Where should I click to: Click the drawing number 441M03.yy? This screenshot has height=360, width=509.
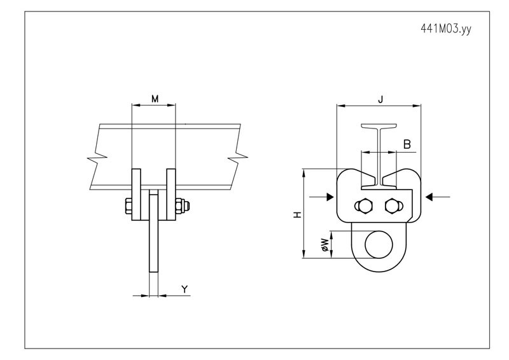pyautogui.click(x=445, y=29)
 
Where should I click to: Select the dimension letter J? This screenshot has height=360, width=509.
pyautogui.click(x=380, y=99)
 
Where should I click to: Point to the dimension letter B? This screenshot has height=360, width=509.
pyautogui.click(x=407, y=145)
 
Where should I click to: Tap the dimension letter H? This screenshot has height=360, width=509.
pyautogui.click(x=296, y=216)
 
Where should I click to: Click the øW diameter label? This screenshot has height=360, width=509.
pyautogui.click(x=324, y=245)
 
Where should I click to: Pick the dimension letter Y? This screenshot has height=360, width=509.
pyautogui.click(x=184, y=289)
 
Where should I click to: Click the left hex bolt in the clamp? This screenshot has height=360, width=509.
pyautogui.click(x=365, y=205)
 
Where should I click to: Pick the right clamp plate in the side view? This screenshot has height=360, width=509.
pyautogui.click(x=171, y=194)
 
